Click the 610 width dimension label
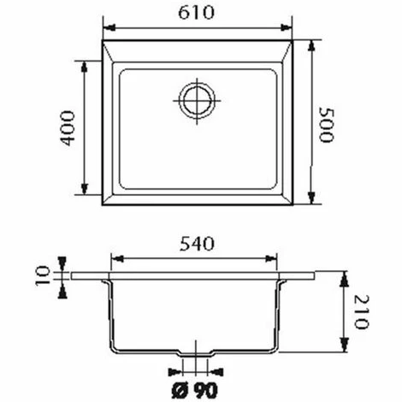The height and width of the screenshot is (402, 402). click(196, 13)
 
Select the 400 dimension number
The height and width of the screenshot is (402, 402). click(68, 128)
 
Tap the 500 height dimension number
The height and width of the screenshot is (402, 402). click(326, 125)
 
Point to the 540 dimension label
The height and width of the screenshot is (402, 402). click(197, 245)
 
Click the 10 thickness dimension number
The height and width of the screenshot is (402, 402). click(43, 275)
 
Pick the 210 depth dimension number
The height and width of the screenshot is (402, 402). click(361, 312)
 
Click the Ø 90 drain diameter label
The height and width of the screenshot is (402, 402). click(195, 390)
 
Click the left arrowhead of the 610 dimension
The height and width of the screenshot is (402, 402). click(109, 27)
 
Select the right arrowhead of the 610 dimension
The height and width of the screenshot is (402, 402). click(287, 27)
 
